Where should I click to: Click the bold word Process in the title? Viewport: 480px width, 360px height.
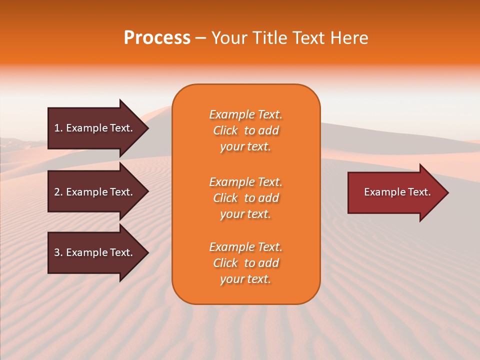(157, 38)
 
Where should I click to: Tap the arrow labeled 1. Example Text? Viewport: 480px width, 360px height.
(95, 128)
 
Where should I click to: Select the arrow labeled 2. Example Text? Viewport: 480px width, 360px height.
(95, 192)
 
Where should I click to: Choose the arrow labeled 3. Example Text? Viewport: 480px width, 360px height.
(95, 252)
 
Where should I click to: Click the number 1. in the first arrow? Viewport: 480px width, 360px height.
(58, 128)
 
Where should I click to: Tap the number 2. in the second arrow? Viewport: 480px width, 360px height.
(58, 192)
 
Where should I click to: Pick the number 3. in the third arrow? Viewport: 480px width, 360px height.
(58, 252)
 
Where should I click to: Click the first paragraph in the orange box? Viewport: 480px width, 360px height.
(245, 130)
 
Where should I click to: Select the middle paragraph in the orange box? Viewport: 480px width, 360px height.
(245, 198)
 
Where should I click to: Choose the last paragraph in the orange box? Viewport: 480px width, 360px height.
(245, 263)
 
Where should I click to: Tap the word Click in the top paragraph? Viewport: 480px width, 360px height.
(225, 130)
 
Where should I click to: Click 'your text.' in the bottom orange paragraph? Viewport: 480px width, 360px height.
(245, 279)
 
